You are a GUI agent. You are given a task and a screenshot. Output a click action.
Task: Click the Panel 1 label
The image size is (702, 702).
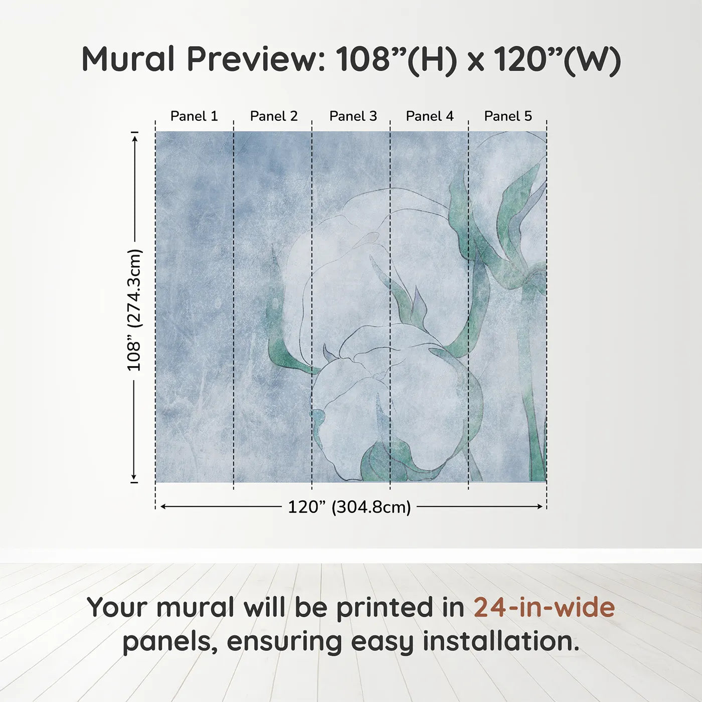194,116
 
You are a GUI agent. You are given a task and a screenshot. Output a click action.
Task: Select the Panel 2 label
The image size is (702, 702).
274,116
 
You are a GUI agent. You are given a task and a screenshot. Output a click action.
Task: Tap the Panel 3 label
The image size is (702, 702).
353,116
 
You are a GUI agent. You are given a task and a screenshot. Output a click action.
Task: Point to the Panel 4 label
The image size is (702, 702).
430,116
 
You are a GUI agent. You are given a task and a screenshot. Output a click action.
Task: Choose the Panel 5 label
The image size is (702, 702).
508,116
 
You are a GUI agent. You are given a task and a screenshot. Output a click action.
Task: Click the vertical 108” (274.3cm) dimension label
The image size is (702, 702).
134,310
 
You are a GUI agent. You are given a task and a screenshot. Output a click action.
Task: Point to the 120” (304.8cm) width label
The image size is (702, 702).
349,507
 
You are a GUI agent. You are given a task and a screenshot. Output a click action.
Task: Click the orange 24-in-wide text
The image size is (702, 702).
544,607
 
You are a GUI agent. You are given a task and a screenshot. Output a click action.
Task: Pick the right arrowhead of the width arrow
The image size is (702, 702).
540,506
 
